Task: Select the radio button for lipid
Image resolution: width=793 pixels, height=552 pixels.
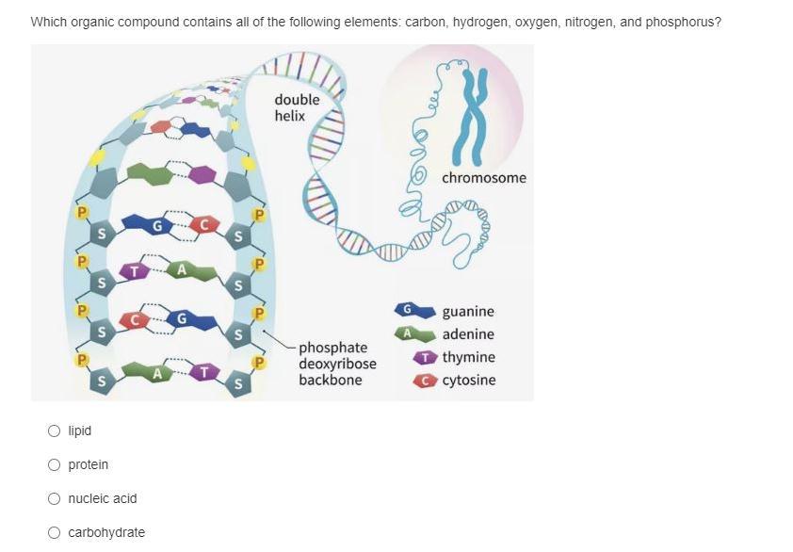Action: [x=56, y=431]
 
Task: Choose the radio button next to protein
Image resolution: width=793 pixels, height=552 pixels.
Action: [x=56, y=465]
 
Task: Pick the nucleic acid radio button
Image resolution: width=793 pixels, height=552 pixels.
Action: [x=56, y=499]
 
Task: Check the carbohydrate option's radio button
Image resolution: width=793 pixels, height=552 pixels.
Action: [x=56, y=533]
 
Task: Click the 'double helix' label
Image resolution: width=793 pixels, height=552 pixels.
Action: [x=297, y=107]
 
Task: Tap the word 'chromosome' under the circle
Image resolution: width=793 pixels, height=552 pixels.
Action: [x=484, y=178]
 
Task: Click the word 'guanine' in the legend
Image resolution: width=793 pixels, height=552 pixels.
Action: [x=468, y=312]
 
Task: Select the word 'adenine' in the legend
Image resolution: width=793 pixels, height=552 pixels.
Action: [x=468, y=334]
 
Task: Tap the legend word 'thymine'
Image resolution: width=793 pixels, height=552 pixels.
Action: [x=468, y=358]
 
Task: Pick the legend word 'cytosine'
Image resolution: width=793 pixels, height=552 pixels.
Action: [x=468, y=381]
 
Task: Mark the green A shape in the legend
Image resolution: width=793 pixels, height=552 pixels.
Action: [x=412, y=333]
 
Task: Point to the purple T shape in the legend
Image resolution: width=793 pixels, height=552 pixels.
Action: [x=427, y=358]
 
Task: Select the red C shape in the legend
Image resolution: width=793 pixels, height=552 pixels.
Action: [x=428, y=381]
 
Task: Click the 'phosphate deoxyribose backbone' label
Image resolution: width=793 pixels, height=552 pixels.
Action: [x=337, y=364]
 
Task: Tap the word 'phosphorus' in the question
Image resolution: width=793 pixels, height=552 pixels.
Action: [x=688, y=21]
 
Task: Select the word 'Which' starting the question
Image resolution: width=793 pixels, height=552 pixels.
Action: [x=48, y=21]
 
